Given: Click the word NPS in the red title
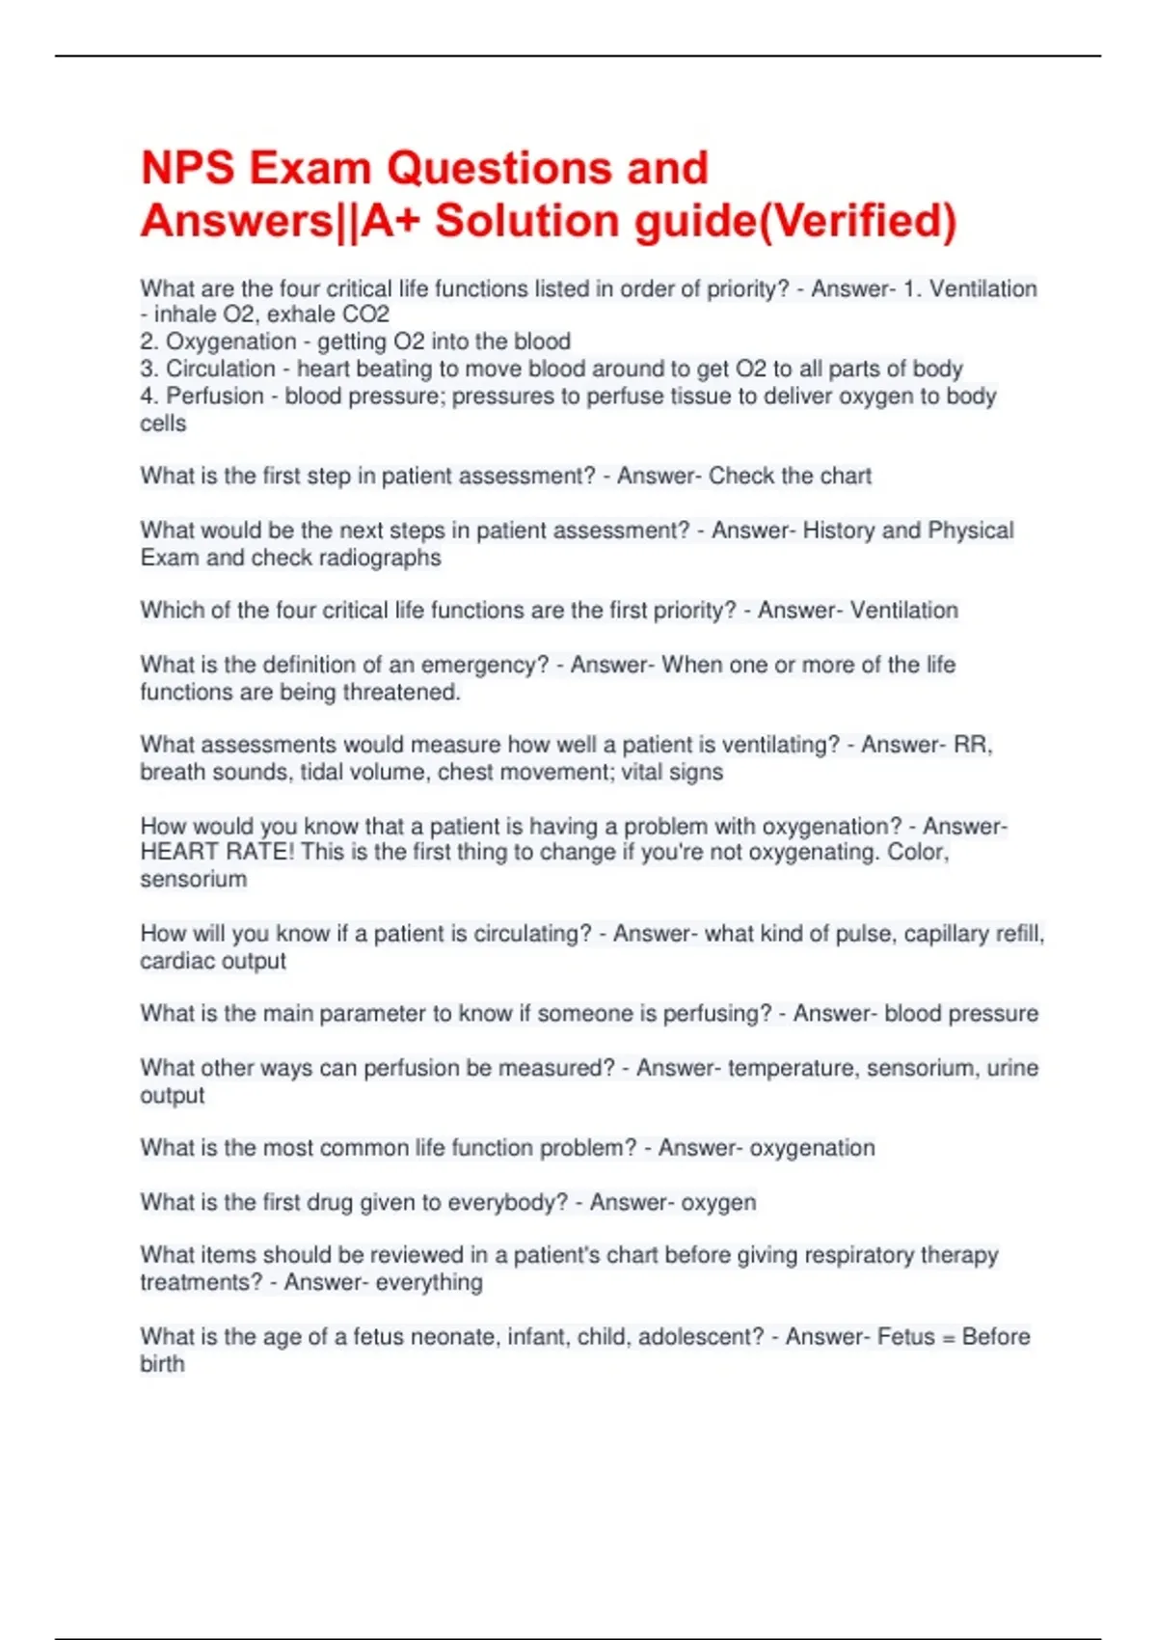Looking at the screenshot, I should coord(188,168).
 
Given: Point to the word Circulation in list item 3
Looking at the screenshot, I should coord(221,369).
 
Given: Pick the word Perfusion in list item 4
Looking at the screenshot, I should coord(215,396).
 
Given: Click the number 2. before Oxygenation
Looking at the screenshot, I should coord(150,342).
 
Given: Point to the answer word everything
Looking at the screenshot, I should coord(429,1282).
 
